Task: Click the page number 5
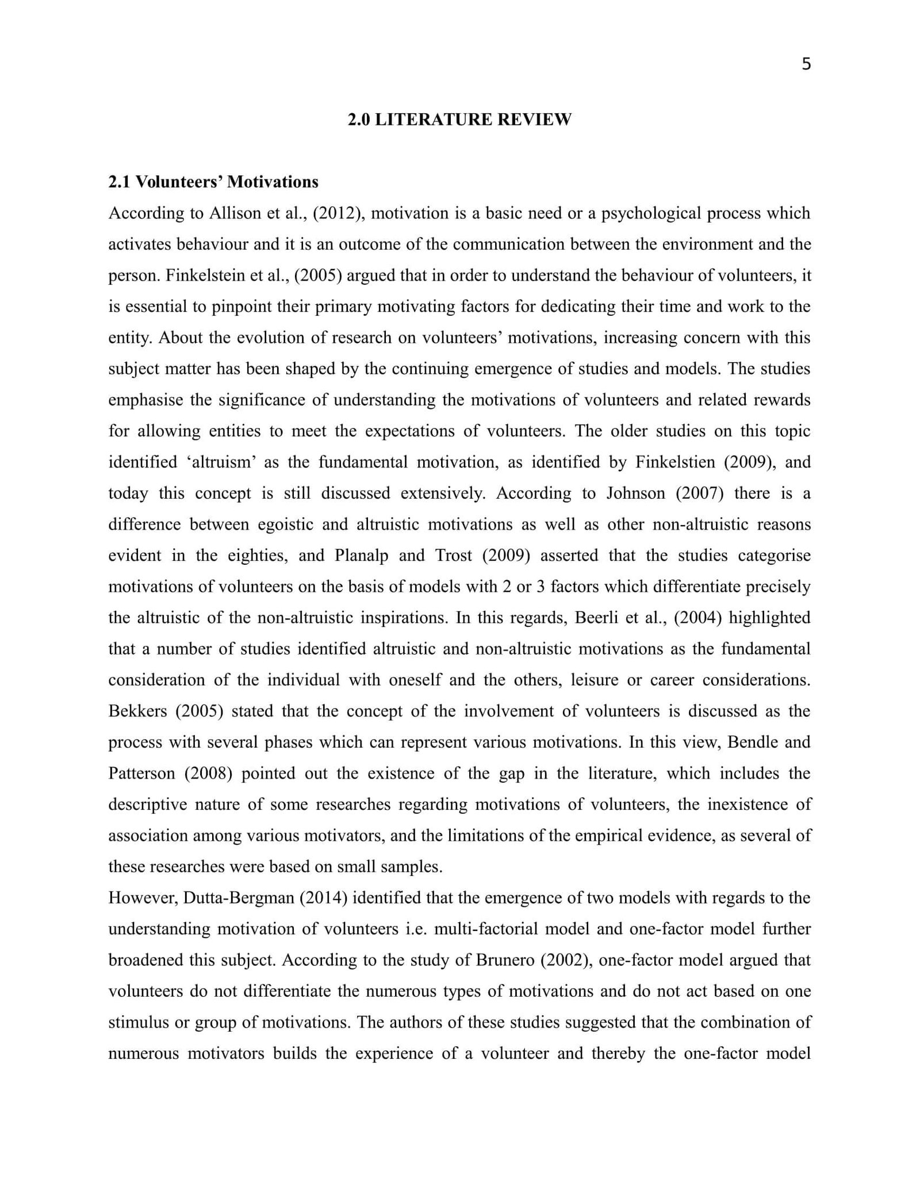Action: coord(806,64)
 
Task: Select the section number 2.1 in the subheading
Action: coord(120,182)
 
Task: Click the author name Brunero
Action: coord(505,960)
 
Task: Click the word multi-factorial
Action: coord(486,929)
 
